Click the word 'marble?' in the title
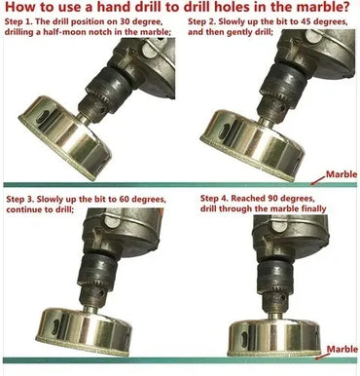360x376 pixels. click(320, 7)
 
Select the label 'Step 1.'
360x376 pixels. click(18, 22)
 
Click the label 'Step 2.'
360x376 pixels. click(201, 22)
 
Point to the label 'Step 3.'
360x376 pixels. click(19, 199)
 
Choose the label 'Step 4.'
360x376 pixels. click(214, 198)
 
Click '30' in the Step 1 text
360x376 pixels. click(126, 21)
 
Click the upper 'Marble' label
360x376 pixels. click(342, 174)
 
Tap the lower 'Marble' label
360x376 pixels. click(342, 349)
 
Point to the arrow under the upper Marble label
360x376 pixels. click(318, 180)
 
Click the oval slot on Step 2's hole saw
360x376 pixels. click(223, 132)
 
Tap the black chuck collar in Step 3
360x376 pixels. click(98, 268)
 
